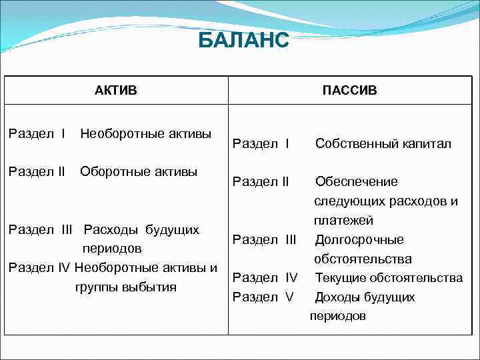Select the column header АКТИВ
115,90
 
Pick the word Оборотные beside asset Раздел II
110,171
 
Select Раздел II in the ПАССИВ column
261,181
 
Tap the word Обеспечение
356,181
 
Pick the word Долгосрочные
359,239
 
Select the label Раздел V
263,297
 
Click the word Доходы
337,297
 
